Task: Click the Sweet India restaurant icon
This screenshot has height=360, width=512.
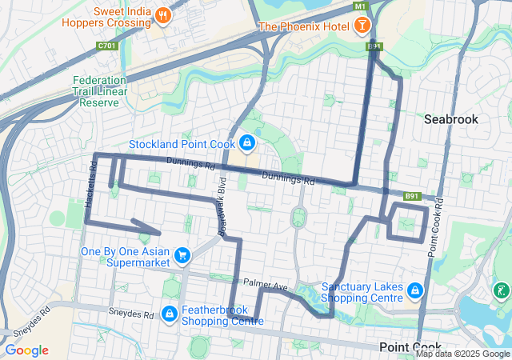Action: tap(162, 14)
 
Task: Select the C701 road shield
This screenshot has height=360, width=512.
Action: tap(107, 47)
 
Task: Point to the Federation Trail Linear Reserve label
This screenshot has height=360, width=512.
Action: tap(99, 92)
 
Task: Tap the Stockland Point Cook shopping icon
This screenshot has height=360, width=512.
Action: tap(247, 144)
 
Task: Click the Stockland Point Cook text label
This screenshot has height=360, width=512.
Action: tap(182, 145)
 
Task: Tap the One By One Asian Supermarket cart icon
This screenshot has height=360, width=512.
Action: tap(183, 255)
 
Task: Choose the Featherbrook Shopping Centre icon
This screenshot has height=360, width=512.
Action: tap(170, 314)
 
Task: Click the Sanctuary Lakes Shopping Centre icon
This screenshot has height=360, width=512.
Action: tap(414, 290)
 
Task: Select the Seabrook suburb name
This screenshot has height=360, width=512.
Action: tap(450, 118)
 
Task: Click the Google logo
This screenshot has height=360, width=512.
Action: tap(26, 350)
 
